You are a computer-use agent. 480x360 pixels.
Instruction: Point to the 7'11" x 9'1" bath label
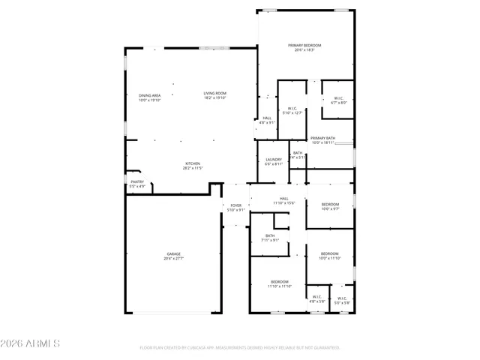click(270, 238)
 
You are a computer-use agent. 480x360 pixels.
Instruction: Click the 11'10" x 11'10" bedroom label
click(279, 283)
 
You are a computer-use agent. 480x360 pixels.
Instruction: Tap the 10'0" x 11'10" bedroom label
click(330, 256)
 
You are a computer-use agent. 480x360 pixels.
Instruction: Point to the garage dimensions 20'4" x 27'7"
click(173, 259)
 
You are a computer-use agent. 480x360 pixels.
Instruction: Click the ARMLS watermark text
click(31, 343)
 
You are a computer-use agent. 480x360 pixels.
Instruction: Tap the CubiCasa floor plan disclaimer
click(240, 348)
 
